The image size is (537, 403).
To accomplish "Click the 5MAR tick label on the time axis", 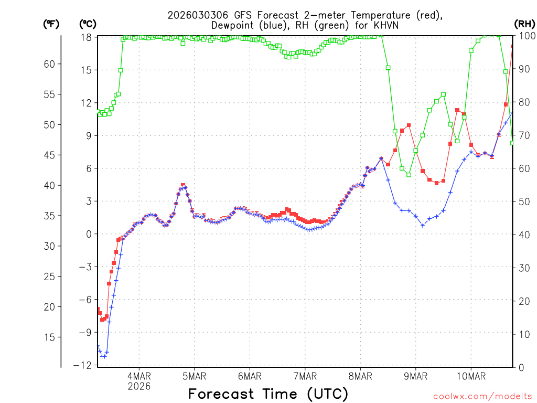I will coord(194,376).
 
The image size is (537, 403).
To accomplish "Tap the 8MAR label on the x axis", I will coord(360,376).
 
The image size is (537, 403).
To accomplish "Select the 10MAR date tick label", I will coord(470,376).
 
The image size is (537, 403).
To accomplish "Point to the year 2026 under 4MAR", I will coord(139,386).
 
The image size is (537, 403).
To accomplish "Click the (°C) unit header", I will coord(87,24).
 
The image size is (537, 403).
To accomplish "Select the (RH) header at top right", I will coord(524,24).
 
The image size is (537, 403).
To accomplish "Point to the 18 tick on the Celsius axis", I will coord(87,37).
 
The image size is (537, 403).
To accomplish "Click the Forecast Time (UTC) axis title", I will coord(268,394).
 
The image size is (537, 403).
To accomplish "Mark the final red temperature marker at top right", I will coord(513,47).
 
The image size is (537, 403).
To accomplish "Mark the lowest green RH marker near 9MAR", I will coord(409,175).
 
